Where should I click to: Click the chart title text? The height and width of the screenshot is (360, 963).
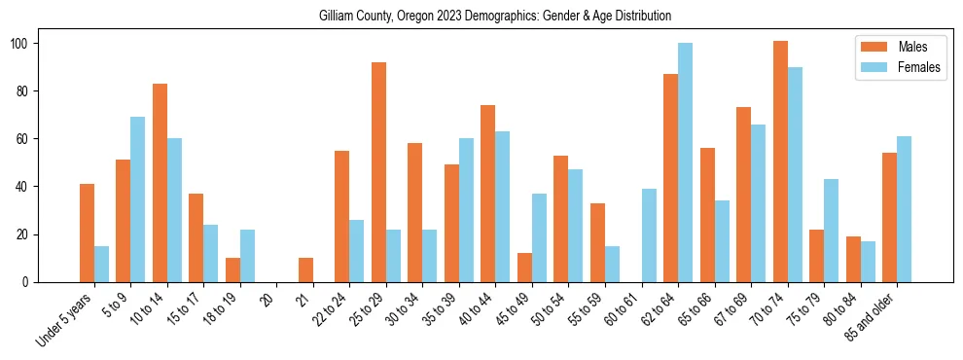pos(495,17)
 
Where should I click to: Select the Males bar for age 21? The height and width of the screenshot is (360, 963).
pos(305,270)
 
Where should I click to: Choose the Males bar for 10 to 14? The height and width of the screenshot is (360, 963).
pos(160,183)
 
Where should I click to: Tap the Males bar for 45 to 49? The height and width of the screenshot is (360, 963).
pos(524,268)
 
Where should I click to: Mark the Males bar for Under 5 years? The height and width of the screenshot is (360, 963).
pos(87,233)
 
